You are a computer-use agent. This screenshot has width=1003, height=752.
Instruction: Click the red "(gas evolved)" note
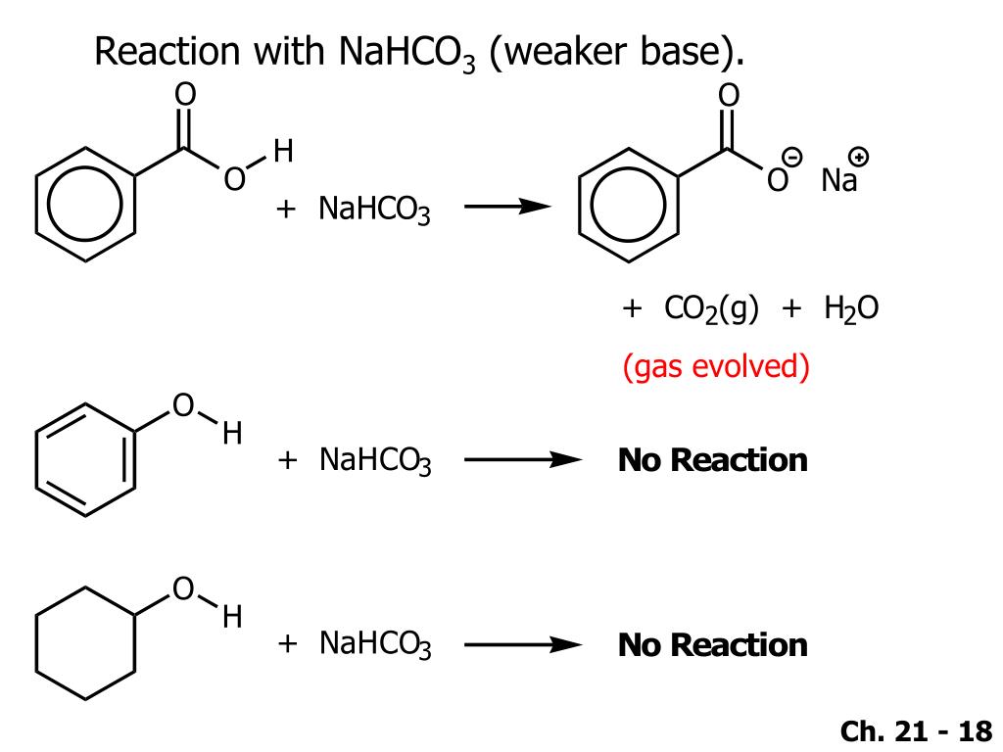pyautogui.click(x=716, y=367)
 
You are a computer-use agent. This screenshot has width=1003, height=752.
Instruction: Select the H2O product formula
pyautogui.click(x=850, y=309)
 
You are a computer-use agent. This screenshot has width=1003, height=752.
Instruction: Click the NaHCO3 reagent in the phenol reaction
pyautogui.click(x=374, y=460)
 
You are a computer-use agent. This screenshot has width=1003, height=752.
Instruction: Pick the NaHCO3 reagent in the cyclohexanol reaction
pyautogui.click(x=374, y=644)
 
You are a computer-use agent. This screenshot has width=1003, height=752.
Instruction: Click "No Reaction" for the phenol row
pyautogui.click(x=712, y=460)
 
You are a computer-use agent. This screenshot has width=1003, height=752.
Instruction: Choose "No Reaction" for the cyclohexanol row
pyautogui.click(x=712, y=644)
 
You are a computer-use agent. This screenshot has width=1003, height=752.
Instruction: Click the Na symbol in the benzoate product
pyautogui.click(x=838, y=181)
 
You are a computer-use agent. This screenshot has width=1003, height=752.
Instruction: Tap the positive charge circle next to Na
pyautogui.click(x=859, y=157)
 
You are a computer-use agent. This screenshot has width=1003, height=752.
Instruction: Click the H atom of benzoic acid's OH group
pyautogui.click(x=283, y=152)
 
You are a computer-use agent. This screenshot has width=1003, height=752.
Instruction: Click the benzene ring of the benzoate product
pyautogui.click(x=628, y=205)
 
